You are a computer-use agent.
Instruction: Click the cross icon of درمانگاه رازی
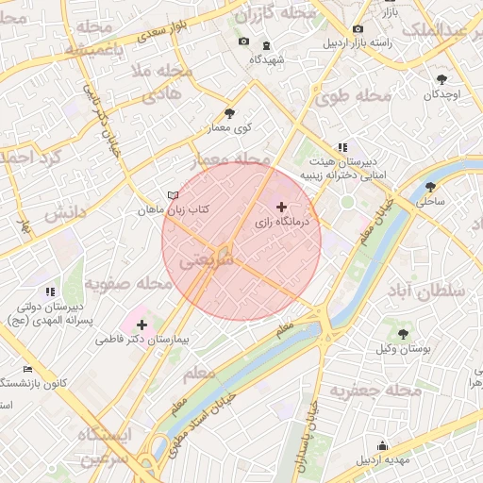281,206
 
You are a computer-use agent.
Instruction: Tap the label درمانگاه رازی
282,222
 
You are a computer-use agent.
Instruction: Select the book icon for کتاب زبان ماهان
172,195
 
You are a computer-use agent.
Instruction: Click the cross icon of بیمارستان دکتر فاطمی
142,325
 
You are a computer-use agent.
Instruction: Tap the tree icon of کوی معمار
229,113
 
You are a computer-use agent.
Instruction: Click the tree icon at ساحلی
431,187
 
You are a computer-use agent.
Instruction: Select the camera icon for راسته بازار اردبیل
358,29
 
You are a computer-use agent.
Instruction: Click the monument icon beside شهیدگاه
266,44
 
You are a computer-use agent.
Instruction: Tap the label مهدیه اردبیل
383,459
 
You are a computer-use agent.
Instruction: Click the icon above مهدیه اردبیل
382,445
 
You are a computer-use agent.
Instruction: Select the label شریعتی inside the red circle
206,258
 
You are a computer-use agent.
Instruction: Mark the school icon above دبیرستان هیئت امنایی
341,148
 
